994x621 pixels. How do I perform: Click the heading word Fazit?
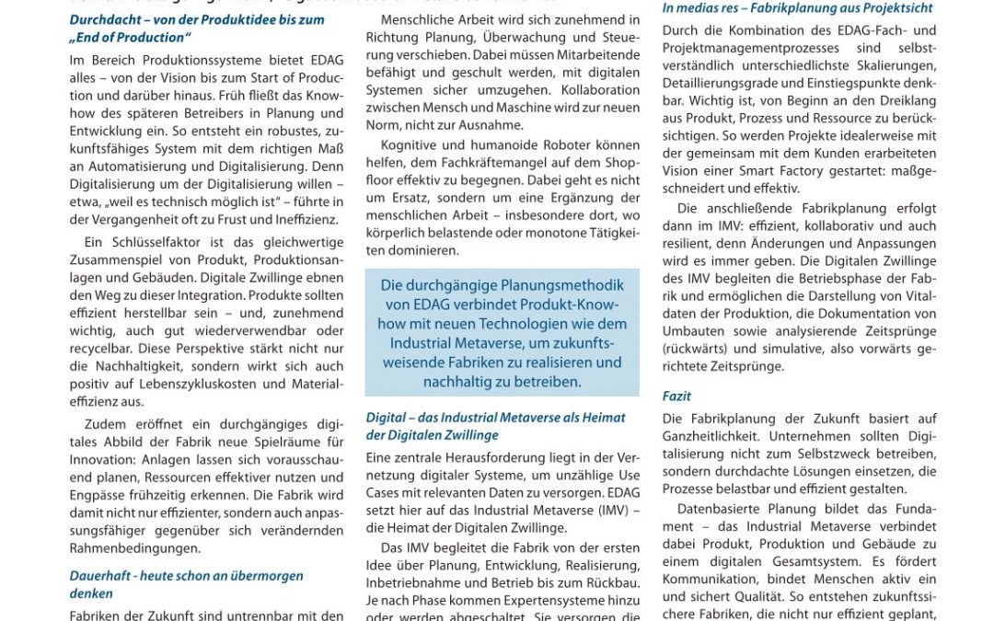(676, 397)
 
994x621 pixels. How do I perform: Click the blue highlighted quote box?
(502, 331)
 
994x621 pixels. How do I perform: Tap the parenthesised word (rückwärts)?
(700, 349)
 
